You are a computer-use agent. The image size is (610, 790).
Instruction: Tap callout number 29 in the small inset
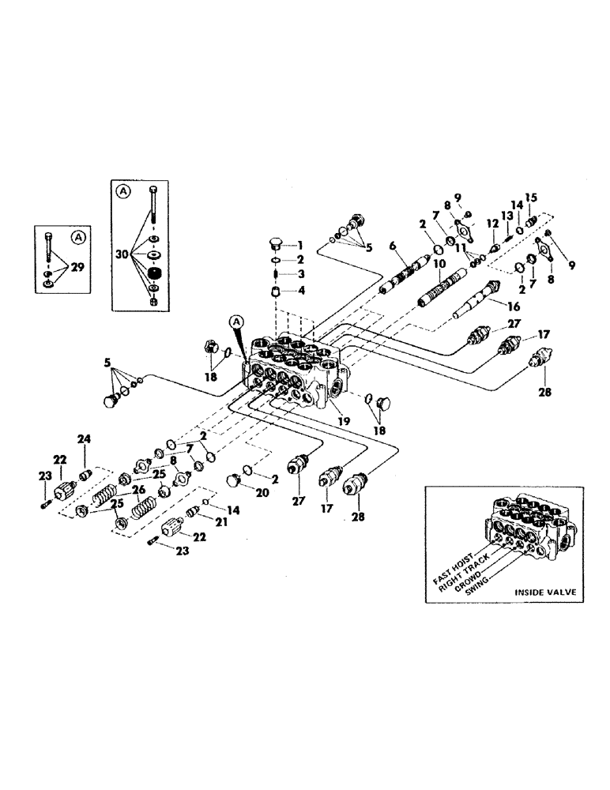click(x=79, y=268)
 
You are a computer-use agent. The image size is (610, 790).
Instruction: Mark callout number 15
click(x=531, y=197)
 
